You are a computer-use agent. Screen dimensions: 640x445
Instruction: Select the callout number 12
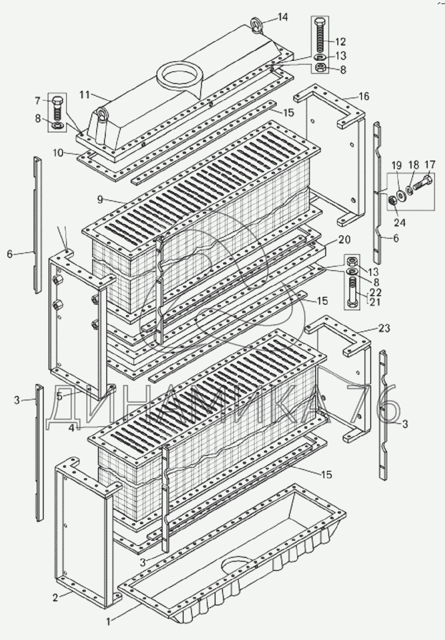coord(341,42)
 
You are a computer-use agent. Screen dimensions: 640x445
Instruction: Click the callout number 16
coord(364,96)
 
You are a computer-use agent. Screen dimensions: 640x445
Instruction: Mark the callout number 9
coord(100,199)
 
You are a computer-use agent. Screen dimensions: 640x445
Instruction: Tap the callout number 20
coord(344,240)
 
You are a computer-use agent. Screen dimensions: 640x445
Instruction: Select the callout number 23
coord(384,328)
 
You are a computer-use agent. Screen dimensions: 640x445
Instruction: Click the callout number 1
coord(108,619)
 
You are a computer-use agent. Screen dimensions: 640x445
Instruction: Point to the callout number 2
coord(55,598)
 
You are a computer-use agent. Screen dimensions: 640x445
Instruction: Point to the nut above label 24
coord(393,201)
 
